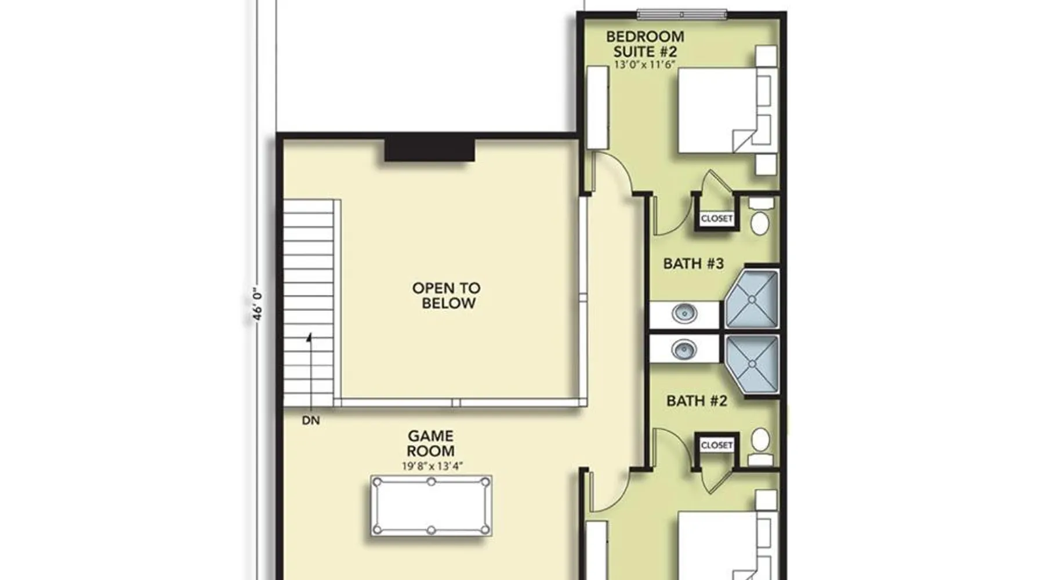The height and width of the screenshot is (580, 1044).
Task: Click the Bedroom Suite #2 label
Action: click(645, 44)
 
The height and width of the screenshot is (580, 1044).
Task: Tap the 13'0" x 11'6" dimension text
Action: click(645, 65)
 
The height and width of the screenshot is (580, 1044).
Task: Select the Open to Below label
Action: click(447, 295)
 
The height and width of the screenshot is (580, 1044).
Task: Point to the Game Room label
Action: click(430, 443)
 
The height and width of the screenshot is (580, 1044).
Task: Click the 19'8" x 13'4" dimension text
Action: click(432, 466)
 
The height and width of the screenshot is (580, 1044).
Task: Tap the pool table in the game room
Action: click(432, 506)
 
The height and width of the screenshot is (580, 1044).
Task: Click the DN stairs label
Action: click(311, 420)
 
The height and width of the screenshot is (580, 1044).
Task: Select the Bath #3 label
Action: click(694, 264)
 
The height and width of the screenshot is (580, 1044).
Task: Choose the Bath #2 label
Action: click(697, 401)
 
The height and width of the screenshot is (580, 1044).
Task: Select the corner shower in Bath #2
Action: click(752, 364)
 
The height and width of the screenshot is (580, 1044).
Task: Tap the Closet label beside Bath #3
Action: click(717, 219)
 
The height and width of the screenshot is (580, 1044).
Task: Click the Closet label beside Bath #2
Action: click(717, 445)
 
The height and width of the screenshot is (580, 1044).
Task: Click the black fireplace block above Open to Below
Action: click(430, 150)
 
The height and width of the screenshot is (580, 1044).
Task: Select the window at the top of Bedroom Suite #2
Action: click(681, 14)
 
